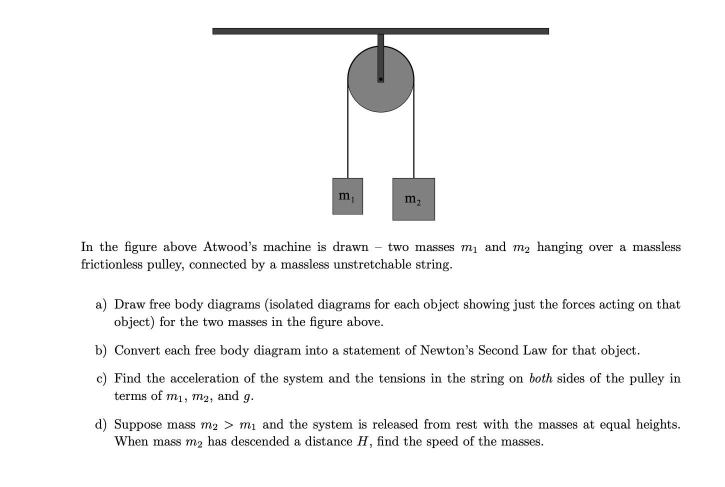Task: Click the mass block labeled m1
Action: [347, 196]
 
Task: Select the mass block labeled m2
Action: [413, 199]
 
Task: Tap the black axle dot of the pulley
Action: [380, 79]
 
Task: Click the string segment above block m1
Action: [348, 135]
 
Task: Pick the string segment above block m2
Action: [413, 135]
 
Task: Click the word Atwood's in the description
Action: [230, 247]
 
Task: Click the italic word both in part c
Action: [540, 378]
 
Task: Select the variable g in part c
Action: [246, 397]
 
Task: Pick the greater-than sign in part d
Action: [228, 425]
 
